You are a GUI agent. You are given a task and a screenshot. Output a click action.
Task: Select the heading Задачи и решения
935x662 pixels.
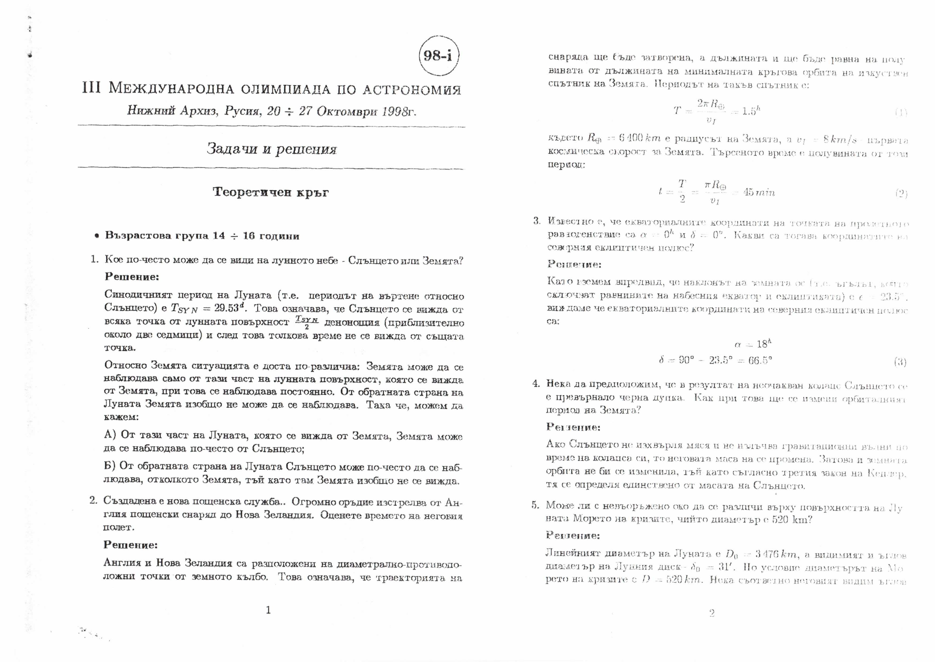(x=271, y=149)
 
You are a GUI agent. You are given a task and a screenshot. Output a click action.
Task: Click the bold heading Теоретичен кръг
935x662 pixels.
(x=271, y=192)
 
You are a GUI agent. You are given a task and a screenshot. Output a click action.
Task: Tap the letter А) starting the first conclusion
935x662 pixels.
(x=110, y=435)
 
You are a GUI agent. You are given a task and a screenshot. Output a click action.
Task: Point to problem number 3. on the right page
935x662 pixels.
(x=537, y=221)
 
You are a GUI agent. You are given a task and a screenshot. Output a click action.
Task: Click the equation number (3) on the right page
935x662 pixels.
(x=900, y=361)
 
